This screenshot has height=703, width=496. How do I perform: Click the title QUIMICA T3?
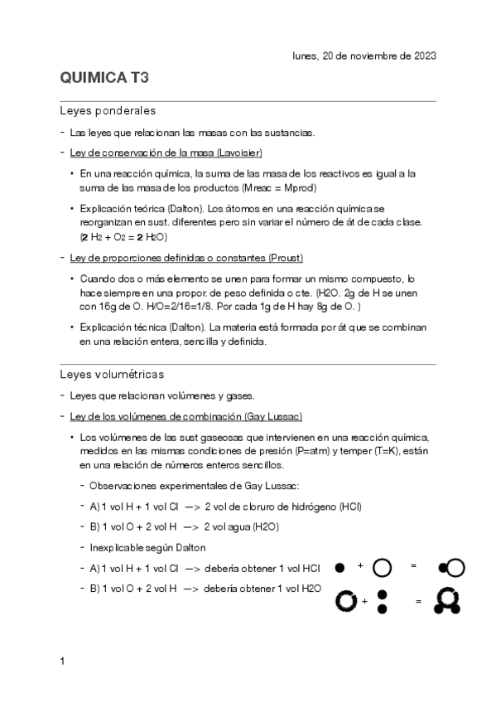(x=105, y=79)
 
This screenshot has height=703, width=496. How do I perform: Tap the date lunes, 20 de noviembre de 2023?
(x=364, y=56)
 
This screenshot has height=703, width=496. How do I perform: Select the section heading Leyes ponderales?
(x=108, y=110)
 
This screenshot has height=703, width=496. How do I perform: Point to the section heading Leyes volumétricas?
(x=112, y=374)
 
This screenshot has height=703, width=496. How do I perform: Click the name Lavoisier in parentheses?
(x=240, y=153)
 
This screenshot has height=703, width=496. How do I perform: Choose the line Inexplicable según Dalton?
(x=147, y=547)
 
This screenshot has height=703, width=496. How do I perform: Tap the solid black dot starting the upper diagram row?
(x=339, y=568)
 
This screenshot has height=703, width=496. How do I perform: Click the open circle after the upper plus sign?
(x=383, y=568)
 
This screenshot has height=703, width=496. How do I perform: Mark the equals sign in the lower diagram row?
(x=418, y=601)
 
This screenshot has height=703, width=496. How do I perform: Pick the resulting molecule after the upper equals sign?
(x=451, y=568)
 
